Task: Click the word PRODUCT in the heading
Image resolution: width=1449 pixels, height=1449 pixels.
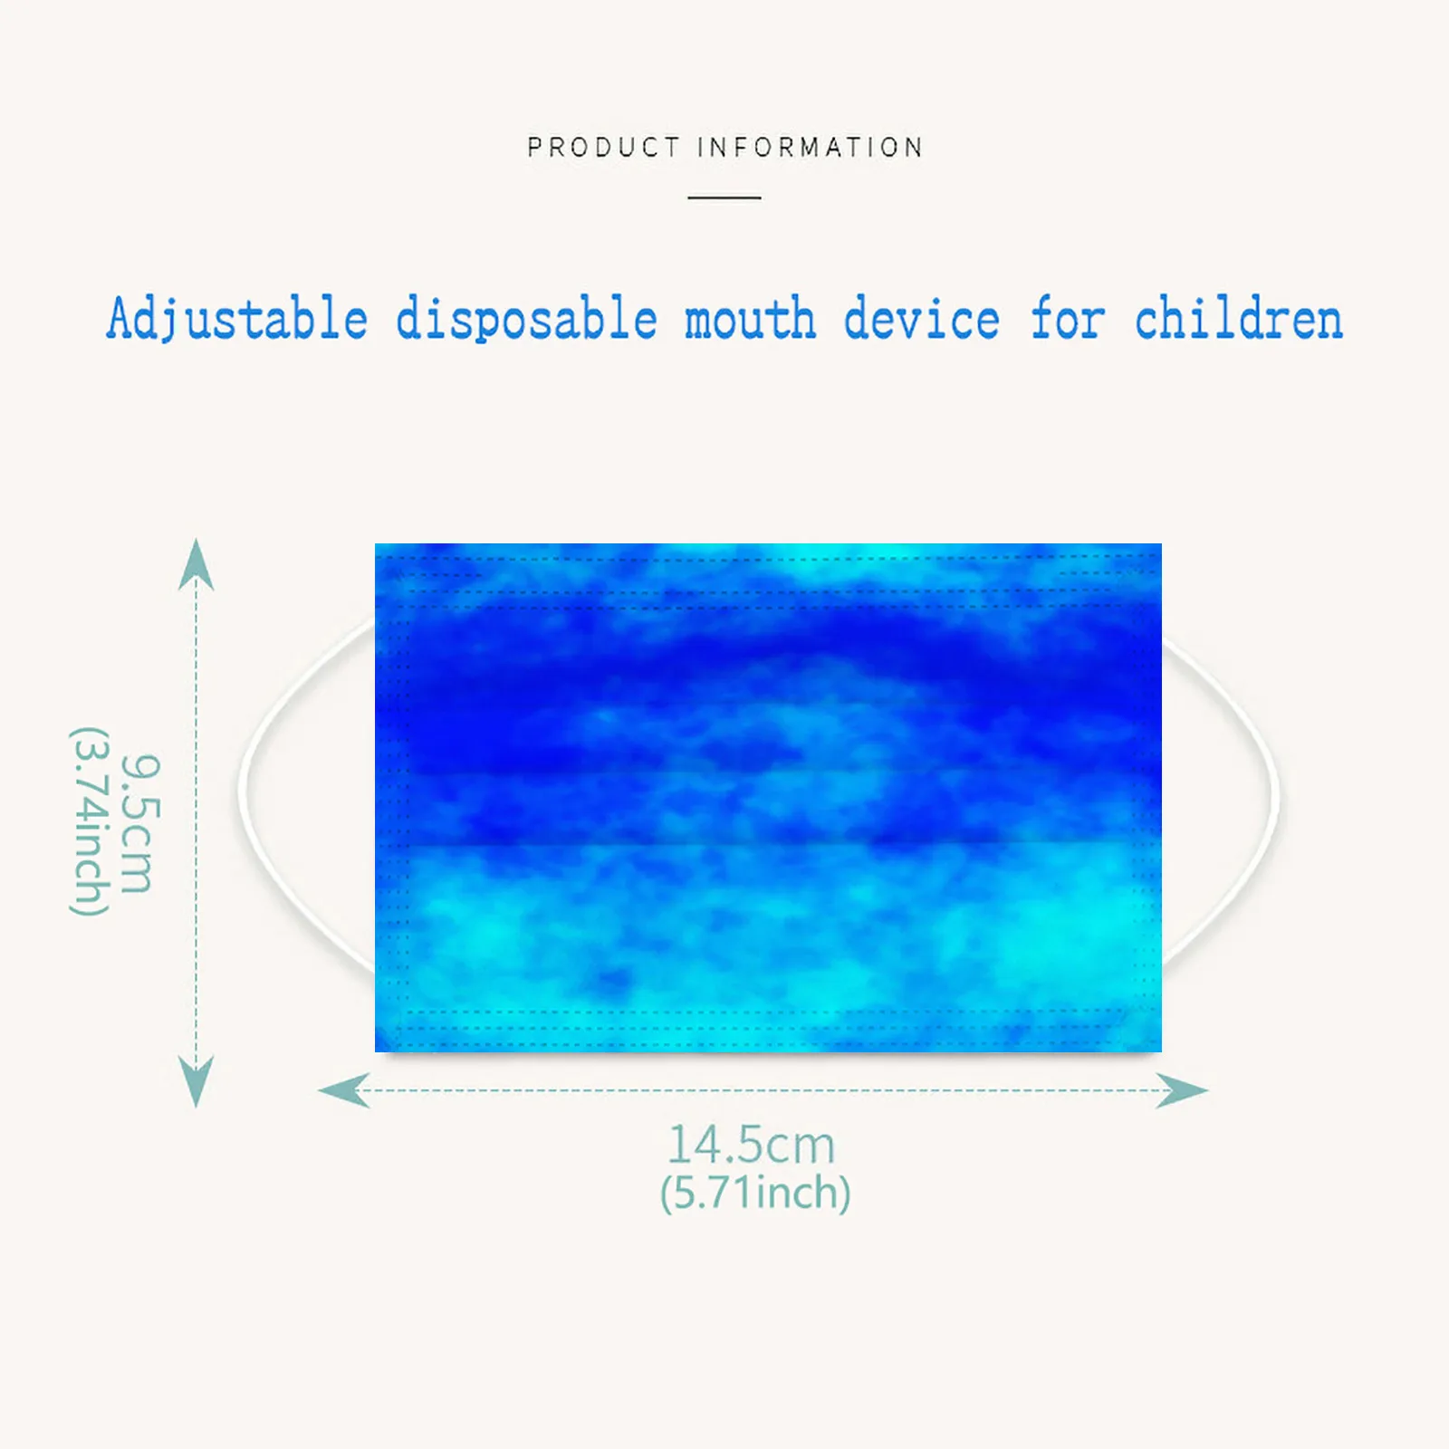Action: point(603,148)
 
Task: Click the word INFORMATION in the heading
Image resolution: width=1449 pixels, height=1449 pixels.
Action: point(810,148)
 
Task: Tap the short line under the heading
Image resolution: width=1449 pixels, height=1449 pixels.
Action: point(724,197)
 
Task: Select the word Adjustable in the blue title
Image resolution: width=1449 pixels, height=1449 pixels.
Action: point(237,321)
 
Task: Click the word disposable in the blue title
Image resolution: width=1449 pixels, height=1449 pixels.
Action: point(526,321)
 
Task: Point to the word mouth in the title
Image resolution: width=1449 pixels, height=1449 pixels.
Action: point(750,321)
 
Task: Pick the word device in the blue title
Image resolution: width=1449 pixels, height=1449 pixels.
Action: point(921,321)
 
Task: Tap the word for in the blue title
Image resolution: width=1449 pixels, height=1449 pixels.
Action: point(1067,321)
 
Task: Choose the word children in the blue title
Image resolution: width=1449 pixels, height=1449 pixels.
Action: point(1238,321)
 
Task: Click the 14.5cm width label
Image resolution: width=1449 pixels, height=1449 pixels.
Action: point(751,1145)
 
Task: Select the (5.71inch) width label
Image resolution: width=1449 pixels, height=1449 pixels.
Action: point(755,1193)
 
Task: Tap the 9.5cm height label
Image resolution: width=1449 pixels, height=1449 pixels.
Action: point(140,823)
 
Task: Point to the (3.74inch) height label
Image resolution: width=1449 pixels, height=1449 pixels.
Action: point(91,820)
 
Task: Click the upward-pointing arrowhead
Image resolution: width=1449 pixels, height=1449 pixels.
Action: point(197,565)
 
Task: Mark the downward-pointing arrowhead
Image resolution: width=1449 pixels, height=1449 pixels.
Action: point(197,1080)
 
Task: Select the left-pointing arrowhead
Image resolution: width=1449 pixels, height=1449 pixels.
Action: point(344,1089)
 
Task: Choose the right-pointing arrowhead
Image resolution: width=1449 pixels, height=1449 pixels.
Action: point(1182,1090)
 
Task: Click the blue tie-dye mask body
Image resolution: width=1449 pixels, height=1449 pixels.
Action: point(768,797)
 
